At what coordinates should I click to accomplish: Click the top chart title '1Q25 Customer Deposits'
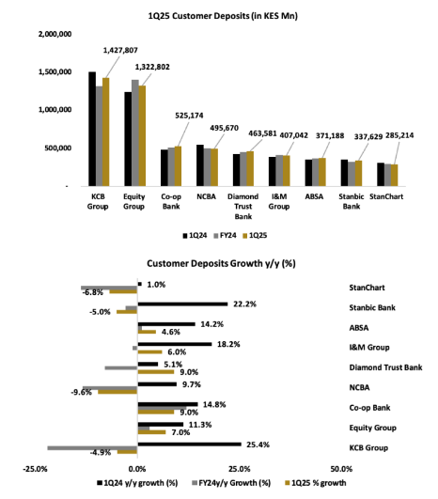click(x=198, y=16)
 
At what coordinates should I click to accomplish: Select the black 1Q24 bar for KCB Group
click(x=92, y=129)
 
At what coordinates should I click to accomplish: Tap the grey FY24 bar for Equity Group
click(x=135, y=133)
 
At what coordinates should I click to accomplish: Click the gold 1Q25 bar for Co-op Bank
click(x=178, y=166)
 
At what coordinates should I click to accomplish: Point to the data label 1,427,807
click(x=120, y=51)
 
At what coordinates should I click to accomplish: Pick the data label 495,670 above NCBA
click(x=224, y=128)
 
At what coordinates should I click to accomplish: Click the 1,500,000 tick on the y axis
click(x=55, y=72)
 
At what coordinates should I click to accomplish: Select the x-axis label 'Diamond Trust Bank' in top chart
click(x=242, y=206)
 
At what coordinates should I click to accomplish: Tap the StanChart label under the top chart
click(x=386, y=196)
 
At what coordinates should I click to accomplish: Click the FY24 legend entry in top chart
click(x=225, y=236)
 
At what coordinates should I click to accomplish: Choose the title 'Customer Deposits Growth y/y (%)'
click(x=221, y=263)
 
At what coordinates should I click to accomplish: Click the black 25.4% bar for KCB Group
click(x=190, y=444)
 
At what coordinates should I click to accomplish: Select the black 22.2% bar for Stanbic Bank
click(x=182, y=304)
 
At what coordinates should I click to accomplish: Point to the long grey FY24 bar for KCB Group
click(x=92, y=448)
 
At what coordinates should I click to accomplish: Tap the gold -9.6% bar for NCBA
click(x=117, y=392)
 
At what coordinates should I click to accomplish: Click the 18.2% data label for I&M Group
click(x=228, y=344)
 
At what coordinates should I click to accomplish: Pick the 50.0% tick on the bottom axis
click(x=341, y=469)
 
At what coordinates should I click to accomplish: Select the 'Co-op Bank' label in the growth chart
click(x=369, y=408)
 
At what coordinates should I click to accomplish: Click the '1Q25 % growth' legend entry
click(x=316, y=483)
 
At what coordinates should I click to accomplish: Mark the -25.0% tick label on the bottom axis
click(x=35, y=469)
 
